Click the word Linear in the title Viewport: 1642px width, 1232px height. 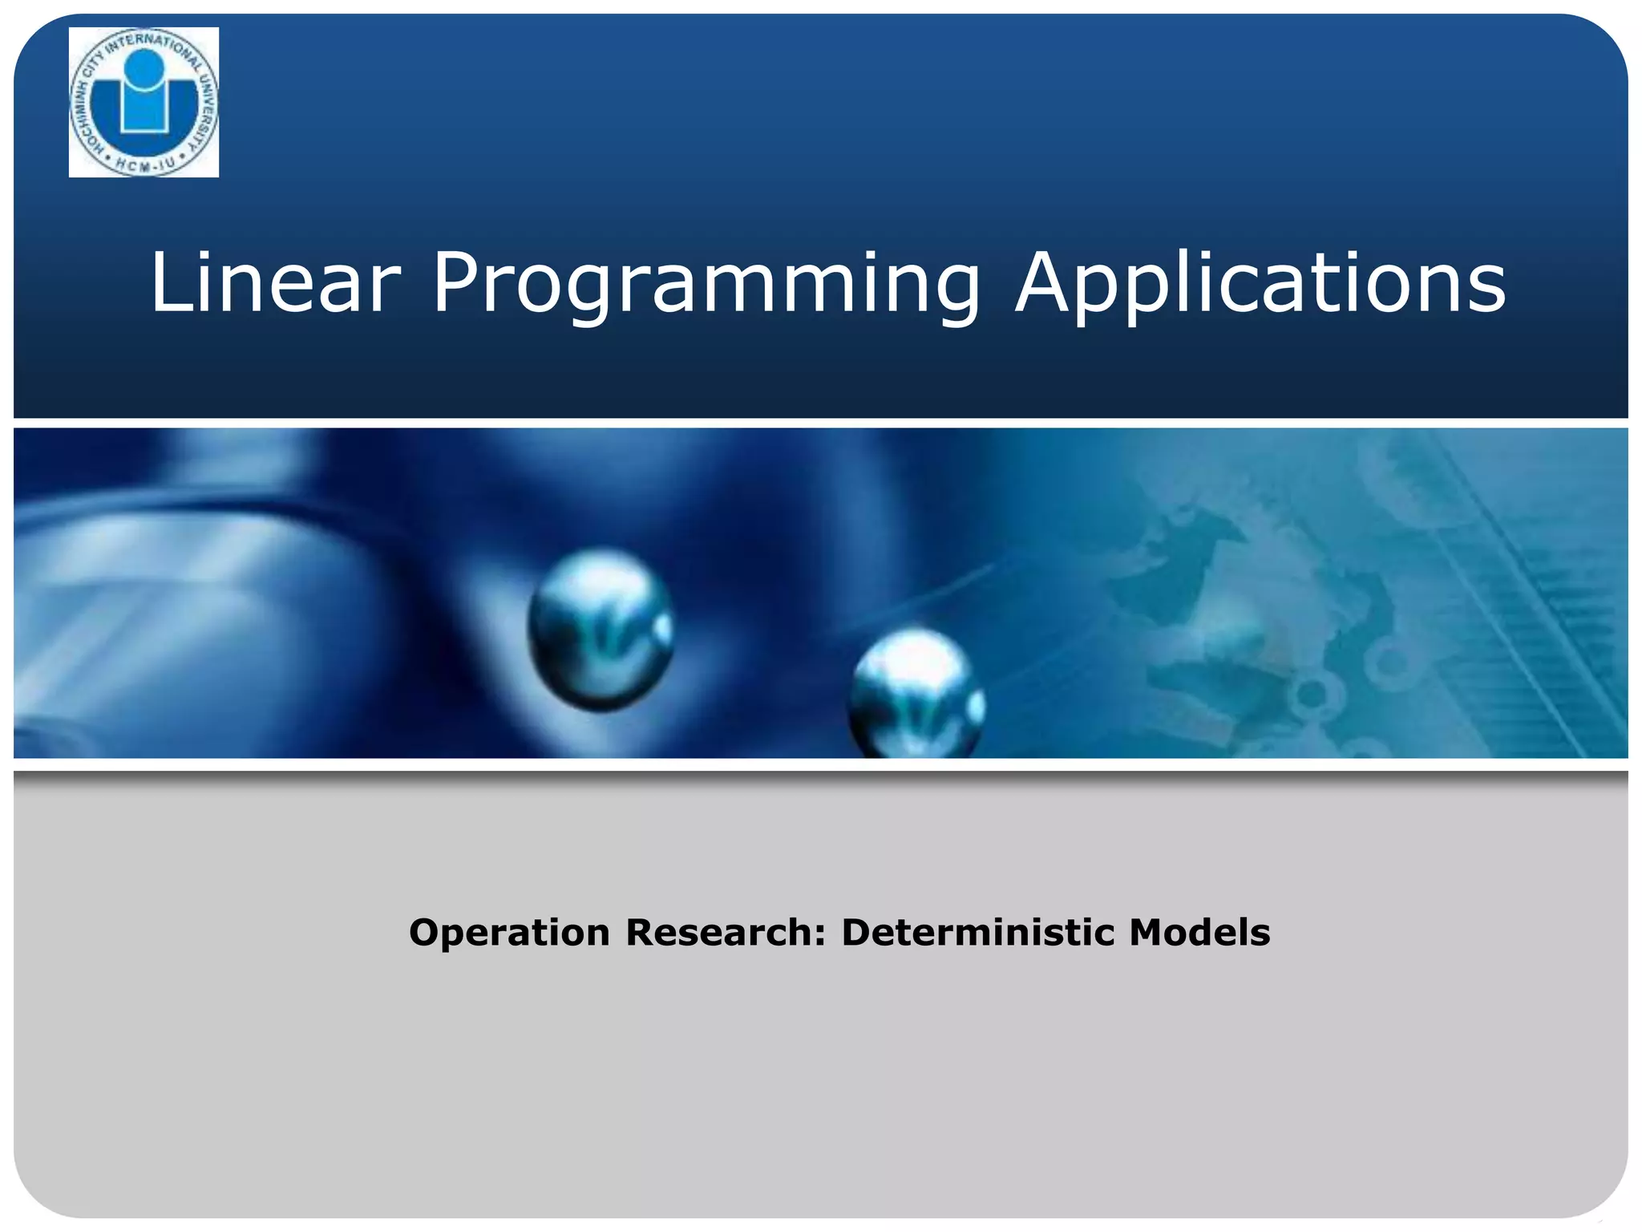(275, 282)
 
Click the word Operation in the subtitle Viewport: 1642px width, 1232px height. (510, 933)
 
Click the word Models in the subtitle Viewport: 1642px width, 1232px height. (1199, 933)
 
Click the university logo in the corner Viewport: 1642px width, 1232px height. (144, 102)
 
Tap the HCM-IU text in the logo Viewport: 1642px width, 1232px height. (145, 165)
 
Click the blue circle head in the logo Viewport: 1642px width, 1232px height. (145, 67)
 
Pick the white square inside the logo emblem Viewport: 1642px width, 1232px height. (144, 111)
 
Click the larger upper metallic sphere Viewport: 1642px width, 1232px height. (601, 628)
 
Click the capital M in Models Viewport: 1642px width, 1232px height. (1150, 933)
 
